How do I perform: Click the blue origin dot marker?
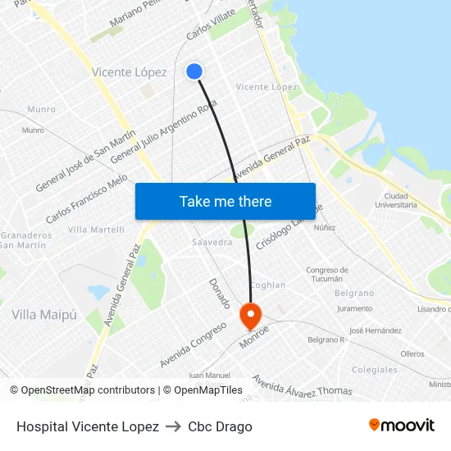pos(194,71)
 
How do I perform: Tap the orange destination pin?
pos(249,315)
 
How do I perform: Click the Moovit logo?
pos(401,426)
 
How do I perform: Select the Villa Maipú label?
pos(44,315)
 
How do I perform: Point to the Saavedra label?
pos(212,243)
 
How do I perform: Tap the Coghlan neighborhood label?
pos(267,285)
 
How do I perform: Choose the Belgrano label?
pos(354,293)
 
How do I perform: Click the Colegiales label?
pos(375,370)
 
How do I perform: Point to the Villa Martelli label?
pos(96,230)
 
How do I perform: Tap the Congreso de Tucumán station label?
pos(327,274)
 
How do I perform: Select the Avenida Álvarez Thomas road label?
pos(302,385)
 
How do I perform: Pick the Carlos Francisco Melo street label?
pos(87,198)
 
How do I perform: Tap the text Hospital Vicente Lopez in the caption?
pos(88,426)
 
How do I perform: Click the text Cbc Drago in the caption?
pos(220,426)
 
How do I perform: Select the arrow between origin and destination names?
pos(173,426)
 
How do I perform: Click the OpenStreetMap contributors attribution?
pos(88,390)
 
